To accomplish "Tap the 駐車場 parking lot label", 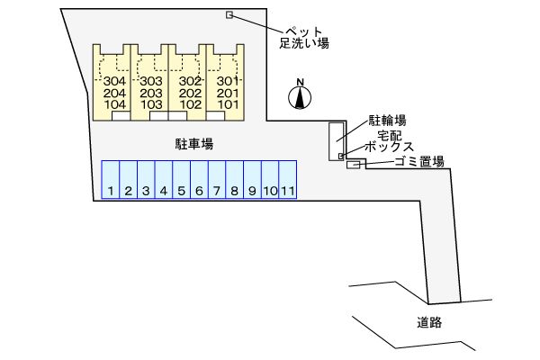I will (193, 143).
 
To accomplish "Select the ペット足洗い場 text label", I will (304, 36).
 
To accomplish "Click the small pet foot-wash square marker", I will (229, 14).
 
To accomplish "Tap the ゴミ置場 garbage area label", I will (418, 162).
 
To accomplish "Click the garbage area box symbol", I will (353, 164).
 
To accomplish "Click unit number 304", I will (114, 81).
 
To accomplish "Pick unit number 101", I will (227, 104).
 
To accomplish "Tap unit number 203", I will (151, 93).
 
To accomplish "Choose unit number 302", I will (189, 81).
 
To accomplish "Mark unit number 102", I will (189, 104).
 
